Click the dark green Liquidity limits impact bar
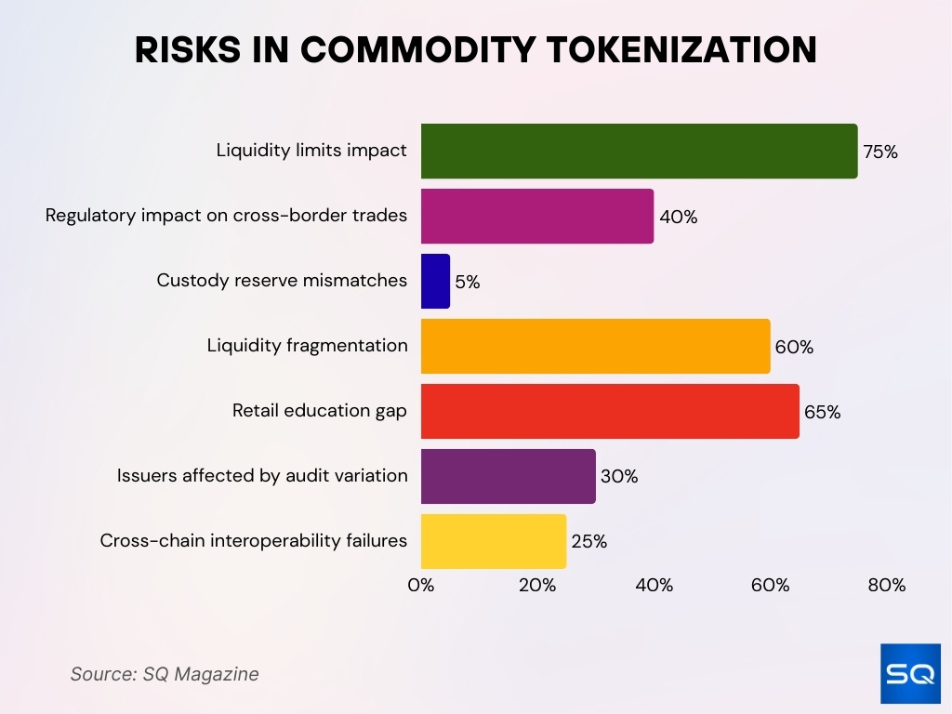pos(639,151)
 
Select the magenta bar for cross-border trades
pos(537,216)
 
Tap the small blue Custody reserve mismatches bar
pos(435,281)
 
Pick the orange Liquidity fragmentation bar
pos(595,346)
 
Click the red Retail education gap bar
pos(610,411)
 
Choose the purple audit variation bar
pos(508,476)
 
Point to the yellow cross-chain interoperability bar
pos(493,541)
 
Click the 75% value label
pos(880,152)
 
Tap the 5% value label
pos(468,282)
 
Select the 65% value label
pos(822,412)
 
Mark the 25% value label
pos(588,542)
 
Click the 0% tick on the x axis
pos(421,586)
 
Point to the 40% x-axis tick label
pos(654,586)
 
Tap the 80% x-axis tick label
pos(886,586)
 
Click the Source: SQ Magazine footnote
pos(165,674)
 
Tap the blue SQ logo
pos(910,673)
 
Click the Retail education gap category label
pos(319,411)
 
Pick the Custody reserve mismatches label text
pos(282,281)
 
